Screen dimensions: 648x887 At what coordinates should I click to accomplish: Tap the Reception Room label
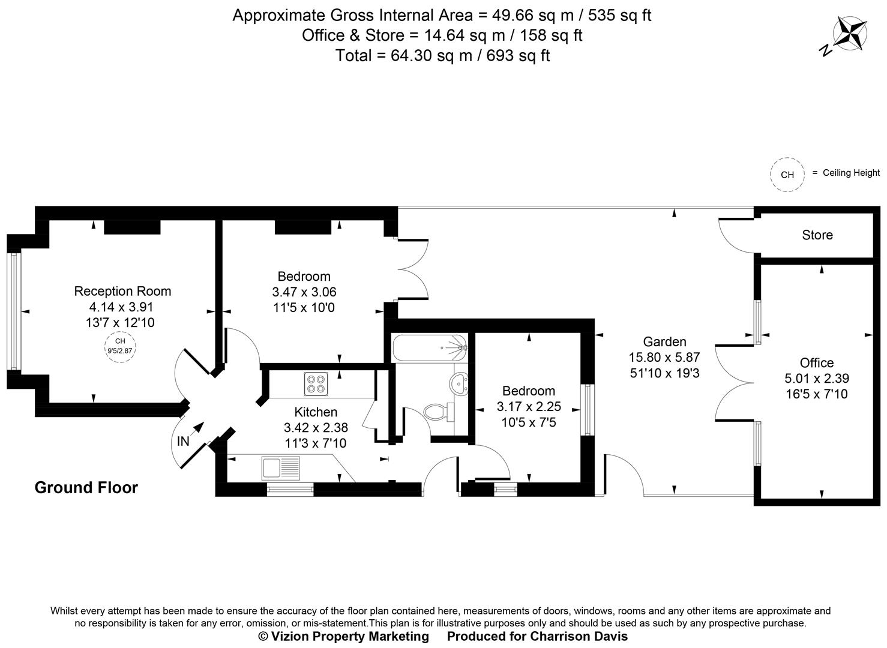122,291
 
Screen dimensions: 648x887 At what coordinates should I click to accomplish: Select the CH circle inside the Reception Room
120,346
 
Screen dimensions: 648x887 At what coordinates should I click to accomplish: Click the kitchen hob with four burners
316,383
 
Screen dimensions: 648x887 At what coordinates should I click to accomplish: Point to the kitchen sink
281,466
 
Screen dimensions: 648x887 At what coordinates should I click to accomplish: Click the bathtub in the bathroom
429,347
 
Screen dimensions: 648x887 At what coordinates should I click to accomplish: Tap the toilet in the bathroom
436,412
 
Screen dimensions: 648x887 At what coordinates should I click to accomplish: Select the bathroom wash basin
460,382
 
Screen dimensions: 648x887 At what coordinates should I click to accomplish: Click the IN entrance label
183,442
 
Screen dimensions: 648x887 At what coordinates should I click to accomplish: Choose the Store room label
817,235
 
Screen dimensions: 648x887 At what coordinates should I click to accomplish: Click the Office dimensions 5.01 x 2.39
817,379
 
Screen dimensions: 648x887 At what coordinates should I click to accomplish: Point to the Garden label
664,341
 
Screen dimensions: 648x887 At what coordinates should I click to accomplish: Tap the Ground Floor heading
86,487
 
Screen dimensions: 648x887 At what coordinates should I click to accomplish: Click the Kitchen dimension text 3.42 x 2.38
316,428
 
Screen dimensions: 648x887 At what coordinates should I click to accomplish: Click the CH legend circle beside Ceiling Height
787,175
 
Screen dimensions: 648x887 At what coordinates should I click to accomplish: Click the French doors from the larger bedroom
413,269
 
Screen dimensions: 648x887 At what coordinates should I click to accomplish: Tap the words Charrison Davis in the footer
579,636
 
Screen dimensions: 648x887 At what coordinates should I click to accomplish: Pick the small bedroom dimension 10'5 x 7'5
529,422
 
